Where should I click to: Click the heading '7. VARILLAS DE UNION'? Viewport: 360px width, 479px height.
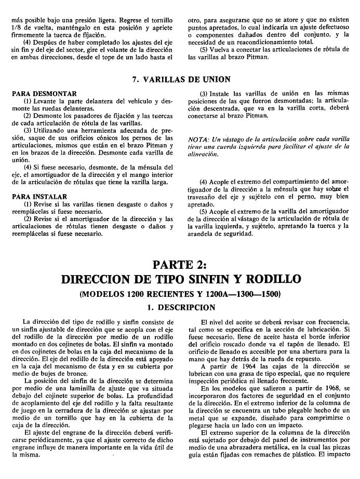(x=180, y=79)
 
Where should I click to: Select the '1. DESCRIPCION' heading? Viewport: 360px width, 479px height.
(x=180, y=307)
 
